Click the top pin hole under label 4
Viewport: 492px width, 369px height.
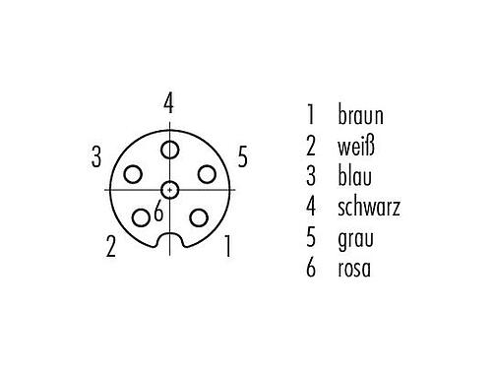click(x=170, y=149)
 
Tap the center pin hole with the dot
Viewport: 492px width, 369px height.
click(x=170, y=189)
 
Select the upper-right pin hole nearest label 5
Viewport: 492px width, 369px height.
click(x=207, y=174)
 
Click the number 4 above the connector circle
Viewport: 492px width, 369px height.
click(x=169, y=103)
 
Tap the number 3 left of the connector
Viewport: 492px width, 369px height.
click(x=96, y=155)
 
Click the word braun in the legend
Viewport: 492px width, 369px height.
click(x=359, y=117)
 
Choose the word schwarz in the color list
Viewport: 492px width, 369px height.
click(x=368, y=208)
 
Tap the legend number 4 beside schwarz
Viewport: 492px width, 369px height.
click(x=311, y=208)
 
